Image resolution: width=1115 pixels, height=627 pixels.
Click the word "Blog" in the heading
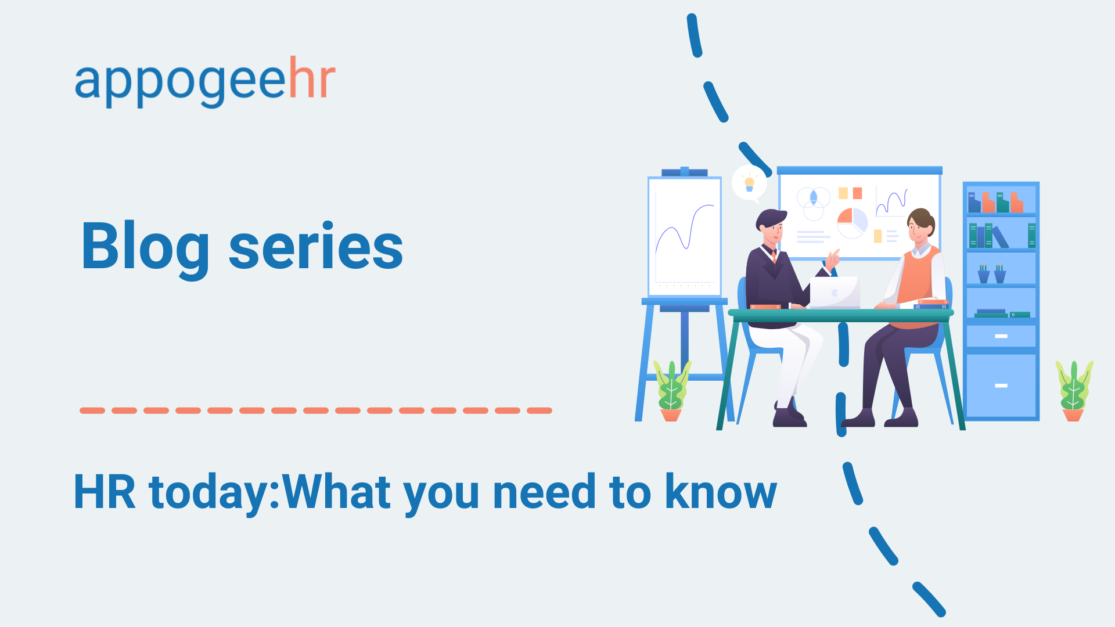click(145, 247)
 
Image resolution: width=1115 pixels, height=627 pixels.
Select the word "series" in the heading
click(316, 247)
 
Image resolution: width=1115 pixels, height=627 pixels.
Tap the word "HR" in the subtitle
click(105, 492)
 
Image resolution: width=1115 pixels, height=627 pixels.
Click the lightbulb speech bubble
click(749, 183)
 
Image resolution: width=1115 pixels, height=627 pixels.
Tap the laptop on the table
click(835, 293)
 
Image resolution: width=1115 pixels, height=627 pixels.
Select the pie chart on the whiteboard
click(852, 223)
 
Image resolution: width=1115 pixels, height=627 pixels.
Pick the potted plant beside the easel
click(672, 391)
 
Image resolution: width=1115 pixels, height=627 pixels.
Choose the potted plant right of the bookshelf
click(1074, 391)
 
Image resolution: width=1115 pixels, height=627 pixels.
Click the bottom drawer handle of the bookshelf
click(1001, 385)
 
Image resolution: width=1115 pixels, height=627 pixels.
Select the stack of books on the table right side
click(931, 304)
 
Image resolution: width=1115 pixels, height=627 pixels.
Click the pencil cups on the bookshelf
click(992, 274)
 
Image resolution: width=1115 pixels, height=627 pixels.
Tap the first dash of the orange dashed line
click(92, 410)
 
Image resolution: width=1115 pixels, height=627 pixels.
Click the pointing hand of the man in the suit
click(833, 258)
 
